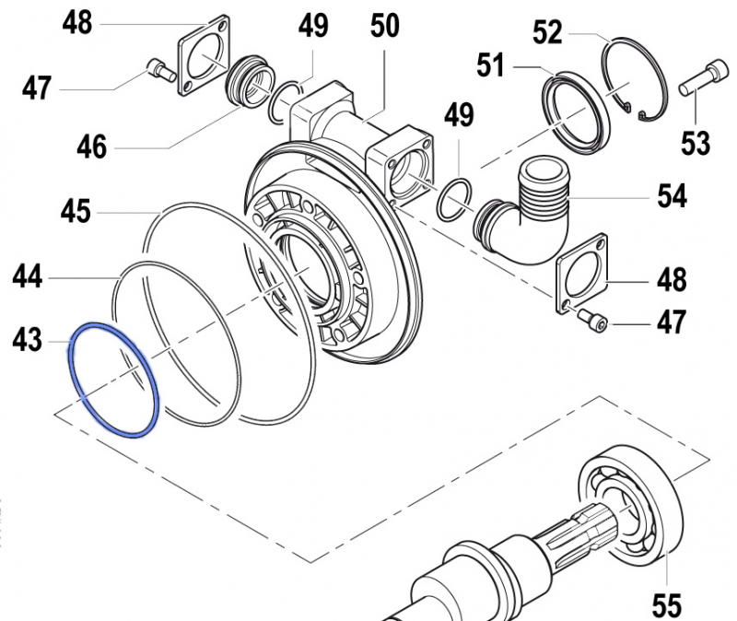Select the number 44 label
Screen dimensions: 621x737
(x=28, y=275)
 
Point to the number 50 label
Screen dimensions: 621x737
(x=385, y=26)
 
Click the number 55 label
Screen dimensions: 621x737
(x=667, y=604)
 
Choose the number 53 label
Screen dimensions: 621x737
(x=696, y=143)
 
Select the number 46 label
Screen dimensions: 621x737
(x=91, y=146)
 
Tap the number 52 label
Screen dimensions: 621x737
(x=547, y=34)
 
